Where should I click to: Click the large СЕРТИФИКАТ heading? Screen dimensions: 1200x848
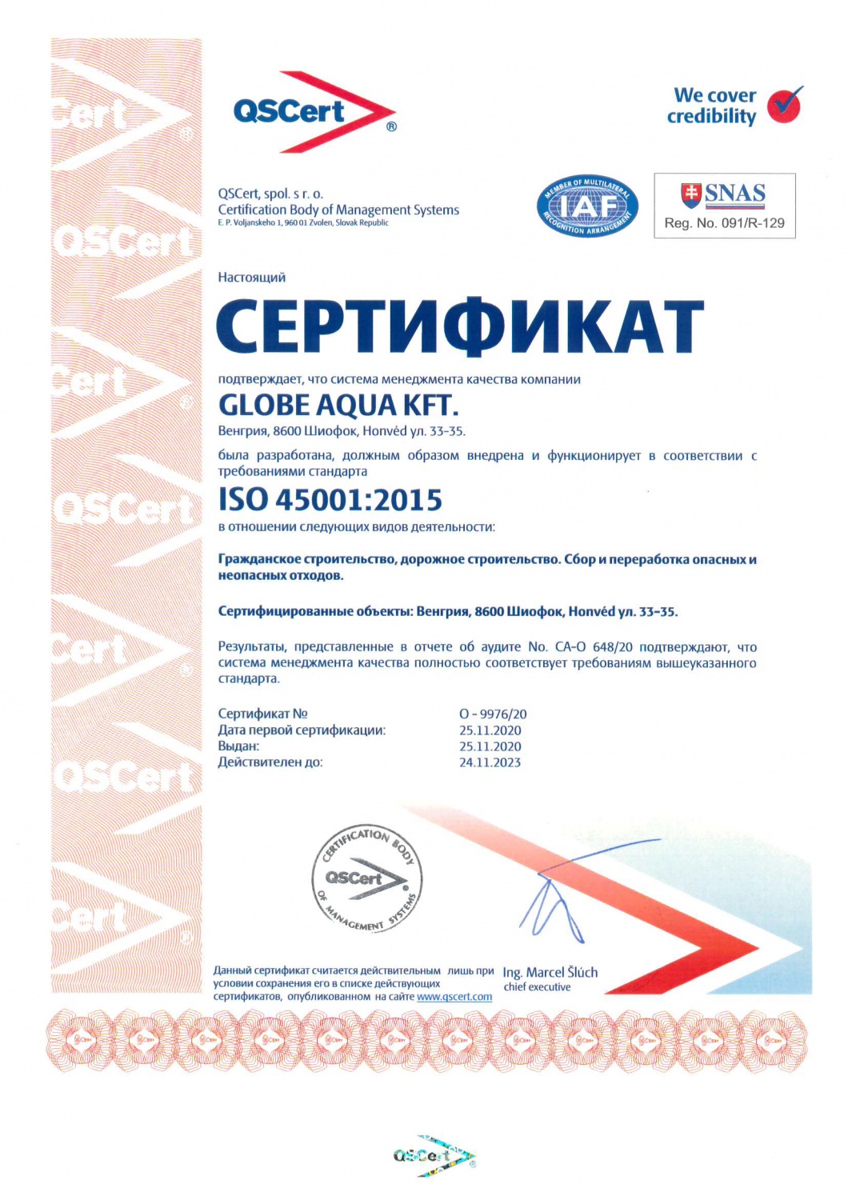pos(460,326)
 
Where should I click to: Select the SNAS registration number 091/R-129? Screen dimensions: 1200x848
pos(724,223)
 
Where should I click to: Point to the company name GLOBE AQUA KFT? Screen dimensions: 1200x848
pos(338,406)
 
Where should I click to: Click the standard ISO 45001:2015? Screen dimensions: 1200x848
pos(330,500)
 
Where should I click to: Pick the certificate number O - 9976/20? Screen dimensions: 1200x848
pos(493,714)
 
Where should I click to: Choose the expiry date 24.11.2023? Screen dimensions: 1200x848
pos(490,762)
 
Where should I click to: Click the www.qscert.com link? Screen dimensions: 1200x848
pos(454,997)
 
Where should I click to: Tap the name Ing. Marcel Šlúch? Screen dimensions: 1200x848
pos(550,972)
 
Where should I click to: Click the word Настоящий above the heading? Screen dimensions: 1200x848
pos(251,278)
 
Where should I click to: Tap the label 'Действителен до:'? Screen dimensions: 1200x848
pos(270,762)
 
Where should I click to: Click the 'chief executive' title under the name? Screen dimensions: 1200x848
pos(537,987)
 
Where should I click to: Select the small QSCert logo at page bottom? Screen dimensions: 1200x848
pos(434,1156)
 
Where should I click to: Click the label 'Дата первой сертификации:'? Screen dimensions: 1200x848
pos(302,730)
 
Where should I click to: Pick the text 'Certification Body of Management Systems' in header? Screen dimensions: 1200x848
pos(338,210)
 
